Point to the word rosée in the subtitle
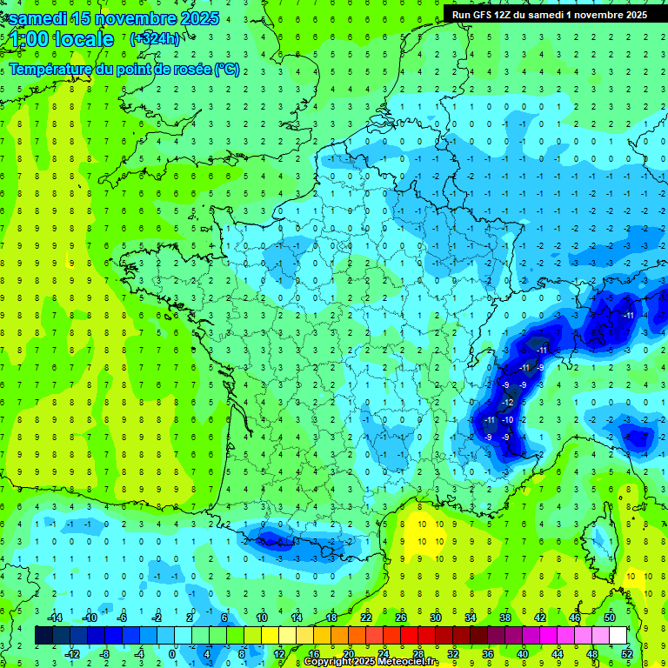click(193, 70)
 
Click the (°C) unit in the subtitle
click(227, 70)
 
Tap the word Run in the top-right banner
click(462, 15)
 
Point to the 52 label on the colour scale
click(626, 653)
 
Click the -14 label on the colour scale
click(55, 618)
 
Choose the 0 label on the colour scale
click(172, 653)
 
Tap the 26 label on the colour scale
click(401, 618)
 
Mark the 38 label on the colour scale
click(504, 618)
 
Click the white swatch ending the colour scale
click(618, 636)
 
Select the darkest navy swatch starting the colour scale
click(43, 636)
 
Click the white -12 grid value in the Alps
click(508, 403)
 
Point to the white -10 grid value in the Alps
click(508, 420)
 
